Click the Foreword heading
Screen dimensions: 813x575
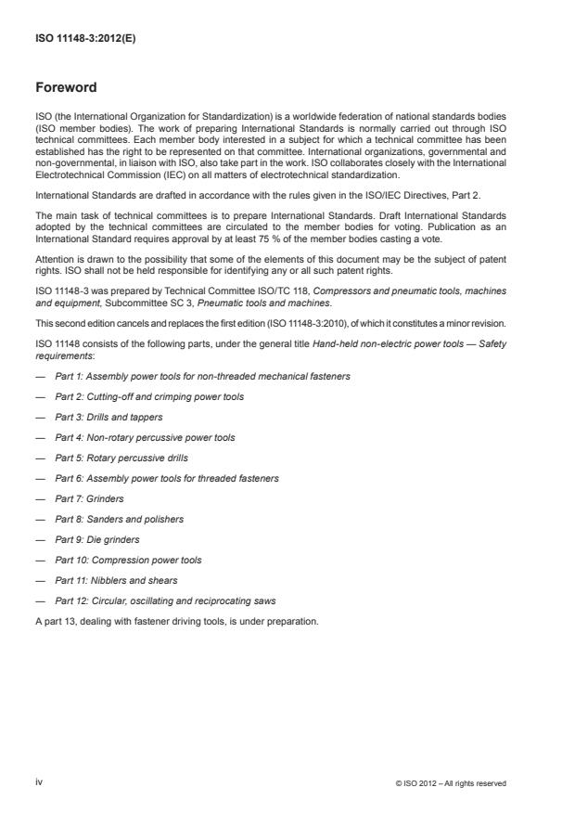[x=65, y=87]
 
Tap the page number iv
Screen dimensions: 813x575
[x=39, y=782]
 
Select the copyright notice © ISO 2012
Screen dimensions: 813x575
[x=450, y=783]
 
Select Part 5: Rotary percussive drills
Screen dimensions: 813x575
[x=125, y=458]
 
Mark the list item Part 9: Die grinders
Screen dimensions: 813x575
[x=98, y=539]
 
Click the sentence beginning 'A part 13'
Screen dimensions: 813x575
[x=176, y=621]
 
